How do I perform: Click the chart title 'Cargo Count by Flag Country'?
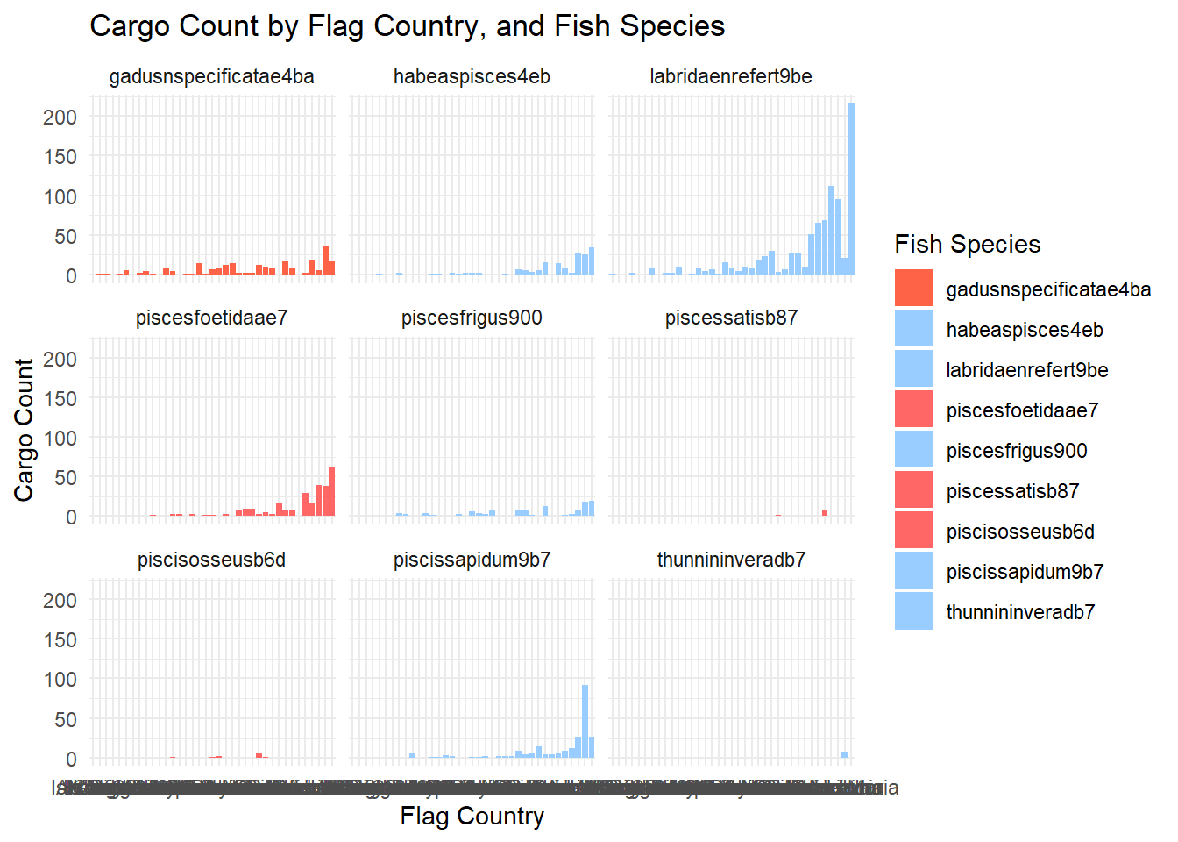click(x=407, y=26)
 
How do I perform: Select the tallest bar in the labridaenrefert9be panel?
click(x=851, y=189)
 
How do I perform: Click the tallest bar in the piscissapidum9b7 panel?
click(x=585, y=721)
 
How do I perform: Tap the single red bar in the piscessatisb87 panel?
click(x=825, y=513)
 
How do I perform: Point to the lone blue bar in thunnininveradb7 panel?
click(x=844, y=755)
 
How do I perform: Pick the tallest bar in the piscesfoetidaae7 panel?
click(x=331, y=492)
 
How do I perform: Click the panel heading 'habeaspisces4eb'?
click(x=472, y=77)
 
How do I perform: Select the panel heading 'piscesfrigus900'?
click(x=472, y=318)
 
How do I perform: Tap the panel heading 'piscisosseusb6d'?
click(x=211, y=560)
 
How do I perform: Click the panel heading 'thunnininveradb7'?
click(x=731, y=560)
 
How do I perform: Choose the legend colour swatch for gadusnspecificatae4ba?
click(x=913, y=289)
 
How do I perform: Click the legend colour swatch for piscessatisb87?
click(x=913, y=490)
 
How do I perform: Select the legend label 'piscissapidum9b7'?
click(x=1025, y=572)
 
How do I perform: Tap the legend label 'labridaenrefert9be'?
click(x=1026, y=370)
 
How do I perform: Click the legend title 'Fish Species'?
click(x=967, y=244)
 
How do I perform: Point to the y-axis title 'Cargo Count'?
click(x=24, y=429)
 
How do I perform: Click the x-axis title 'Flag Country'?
click(x=472, y=817)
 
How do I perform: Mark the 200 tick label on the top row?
click(x=60, y=118)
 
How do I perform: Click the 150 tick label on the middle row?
click(x=60, y=399)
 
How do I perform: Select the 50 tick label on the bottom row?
click(x=65, y=720)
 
